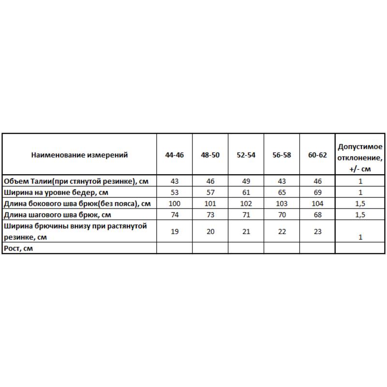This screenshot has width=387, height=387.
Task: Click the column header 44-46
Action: [175, 155]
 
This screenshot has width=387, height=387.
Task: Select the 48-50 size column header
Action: [210, 155]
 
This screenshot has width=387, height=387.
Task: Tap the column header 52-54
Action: [246, 155]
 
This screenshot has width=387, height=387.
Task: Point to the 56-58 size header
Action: [282, 155]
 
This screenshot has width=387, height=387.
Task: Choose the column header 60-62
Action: [317, 155]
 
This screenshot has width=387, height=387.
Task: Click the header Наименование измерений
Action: [79, 155]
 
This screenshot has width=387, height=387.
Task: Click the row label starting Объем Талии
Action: [75, 181]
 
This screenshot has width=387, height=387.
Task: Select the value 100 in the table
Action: [175, 203]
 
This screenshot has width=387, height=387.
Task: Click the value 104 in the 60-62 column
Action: [317, 203]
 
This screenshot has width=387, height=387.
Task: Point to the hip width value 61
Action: [246, 192]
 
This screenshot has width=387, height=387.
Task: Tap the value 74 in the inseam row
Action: [175, 214]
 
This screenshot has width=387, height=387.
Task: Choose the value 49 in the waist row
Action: [246, 181]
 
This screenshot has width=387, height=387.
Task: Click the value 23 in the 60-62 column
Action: [317, 231]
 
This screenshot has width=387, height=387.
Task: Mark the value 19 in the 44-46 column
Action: [175, 231]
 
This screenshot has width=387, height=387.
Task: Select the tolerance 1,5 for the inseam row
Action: [360, 214]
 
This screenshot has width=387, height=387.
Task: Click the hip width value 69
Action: [317, 192]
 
